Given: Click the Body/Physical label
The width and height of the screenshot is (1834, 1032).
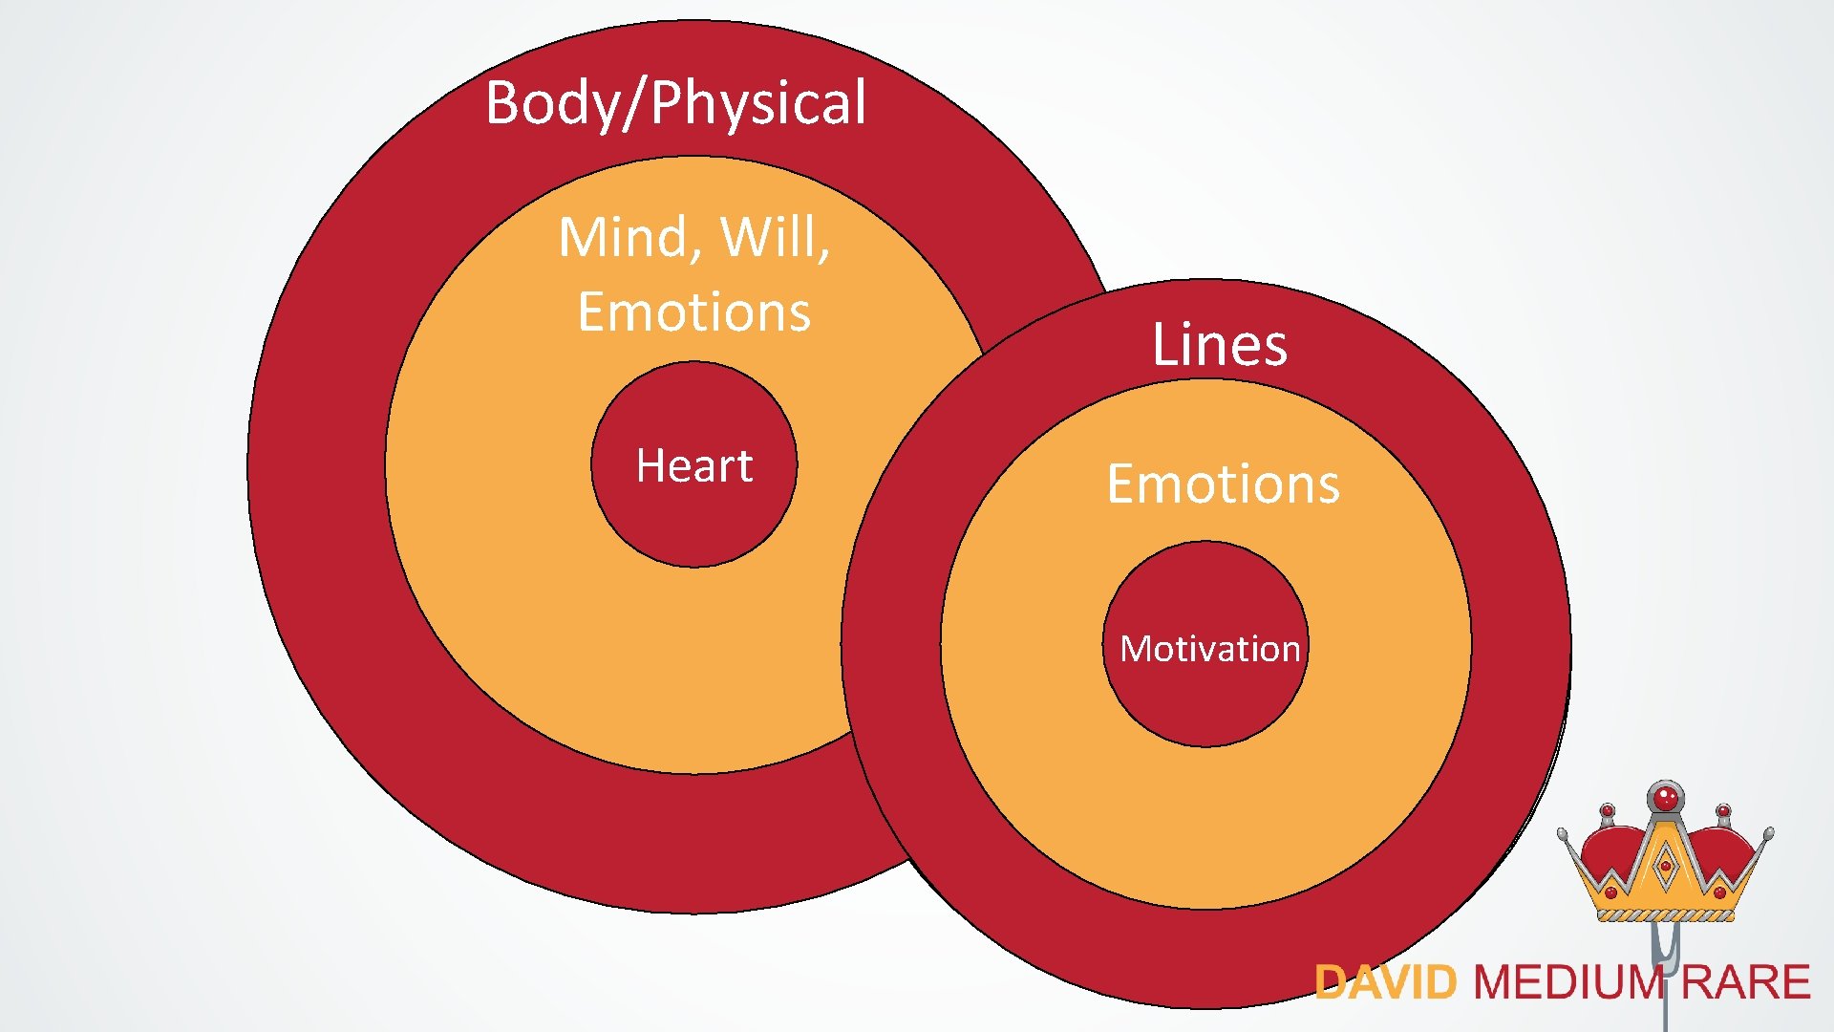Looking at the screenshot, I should tap(675, 102).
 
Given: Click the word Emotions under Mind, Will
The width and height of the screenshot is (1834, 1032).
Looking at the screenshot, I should tap(693, 312).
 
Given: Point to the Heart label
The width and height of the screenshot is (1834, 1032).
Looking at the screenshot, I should tap(694, 466).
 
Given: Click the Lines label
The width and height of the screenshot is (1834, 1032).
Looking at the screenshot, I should tap(1219, 345).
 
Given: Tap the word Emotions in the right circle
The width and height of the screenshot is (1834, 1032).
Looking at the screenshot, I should tap(1223, 484).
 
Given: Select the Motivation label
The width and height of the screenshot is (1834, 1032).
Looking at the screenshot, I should tap(1209, 649).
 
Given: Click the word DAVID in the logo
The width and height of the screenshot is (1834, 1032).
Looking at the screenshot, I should tap(1385, 983).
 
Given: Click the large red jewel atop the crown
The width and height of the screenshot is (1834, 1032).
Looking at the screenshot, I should tap(1666, 796).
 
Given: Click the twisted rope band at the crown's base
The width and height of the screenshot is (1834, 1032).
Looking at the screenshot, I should tap(1666, 915).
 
